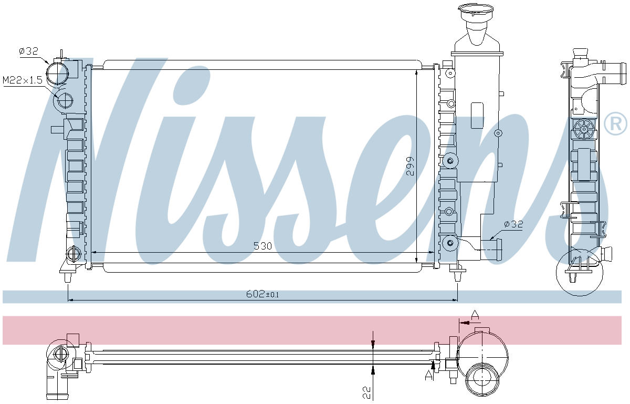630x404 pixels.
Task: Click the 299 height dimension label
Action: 411,165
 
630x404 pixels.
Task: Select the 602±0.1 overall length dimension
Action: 262,294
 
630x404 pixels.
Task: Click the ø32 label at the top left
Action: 28,51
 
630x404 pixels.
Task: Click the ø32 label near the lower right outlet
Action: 513,224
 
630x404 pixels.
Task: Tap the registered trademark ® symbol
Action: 615,124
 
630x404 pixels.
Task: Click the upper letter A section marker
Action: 475,315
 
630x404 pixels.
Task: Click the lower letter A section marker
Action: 429,374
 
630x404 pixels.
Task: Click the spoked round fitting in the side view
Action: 583,129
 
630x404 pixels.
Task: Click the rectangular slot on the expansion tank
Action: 477,115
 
